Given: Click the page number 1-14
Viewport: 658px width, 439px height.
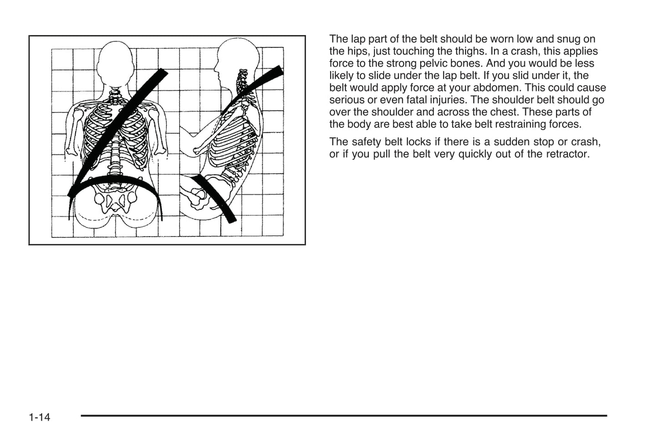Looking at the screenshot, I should click(39, 417).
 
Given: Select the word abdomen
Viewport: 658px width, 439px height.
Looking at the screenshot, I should click(497, 88).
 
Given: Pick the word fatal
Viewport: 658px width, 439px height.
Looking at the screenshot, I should click(417, 100).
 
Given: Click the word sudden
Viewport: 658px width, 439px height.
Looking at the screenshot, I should click(511, 142).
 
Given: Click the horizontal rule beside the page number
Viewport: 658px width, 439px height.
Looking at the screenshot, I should click(344, 415).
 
